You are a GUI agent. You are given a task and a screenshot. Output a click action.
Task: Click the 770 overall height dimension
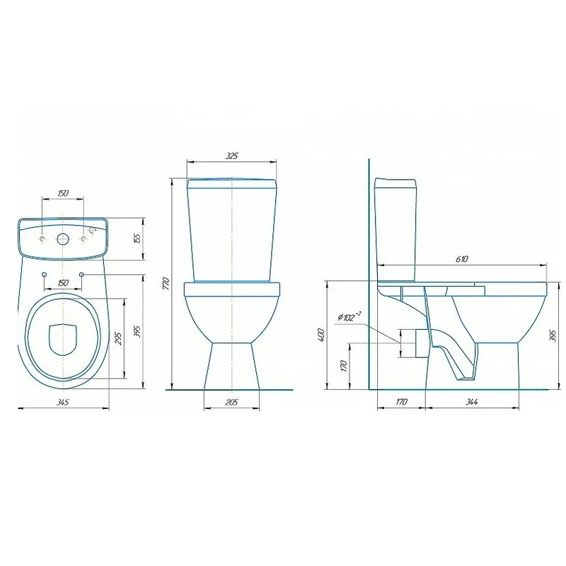click(x=166, y=284)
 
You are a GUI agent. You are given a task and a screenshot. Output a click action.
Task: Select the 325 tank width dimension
click(x=232, y=156)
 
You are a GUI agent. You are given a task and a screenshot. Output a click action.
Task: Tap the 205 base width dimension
click(x=231, y=402)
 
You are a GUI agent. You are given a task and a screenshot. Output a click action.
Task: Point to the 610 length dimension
click(x=462, y=259)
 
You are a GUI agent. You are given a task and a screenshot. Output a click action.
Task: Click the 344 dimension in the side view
click(x=471, y=402)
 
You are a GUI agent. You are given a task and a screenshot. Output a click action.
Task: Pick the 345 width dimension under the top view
click(x=63, y=402)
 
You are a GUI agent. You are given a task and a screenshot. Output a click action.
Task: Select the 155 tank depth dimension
click(x=137, y=238)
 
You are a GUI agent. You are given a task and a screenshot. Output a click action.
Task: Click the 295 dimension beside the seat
click(x=118, y=338)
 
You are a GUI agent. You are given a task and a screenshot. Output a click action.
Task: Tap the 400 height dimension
click(x=322, y=335)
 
